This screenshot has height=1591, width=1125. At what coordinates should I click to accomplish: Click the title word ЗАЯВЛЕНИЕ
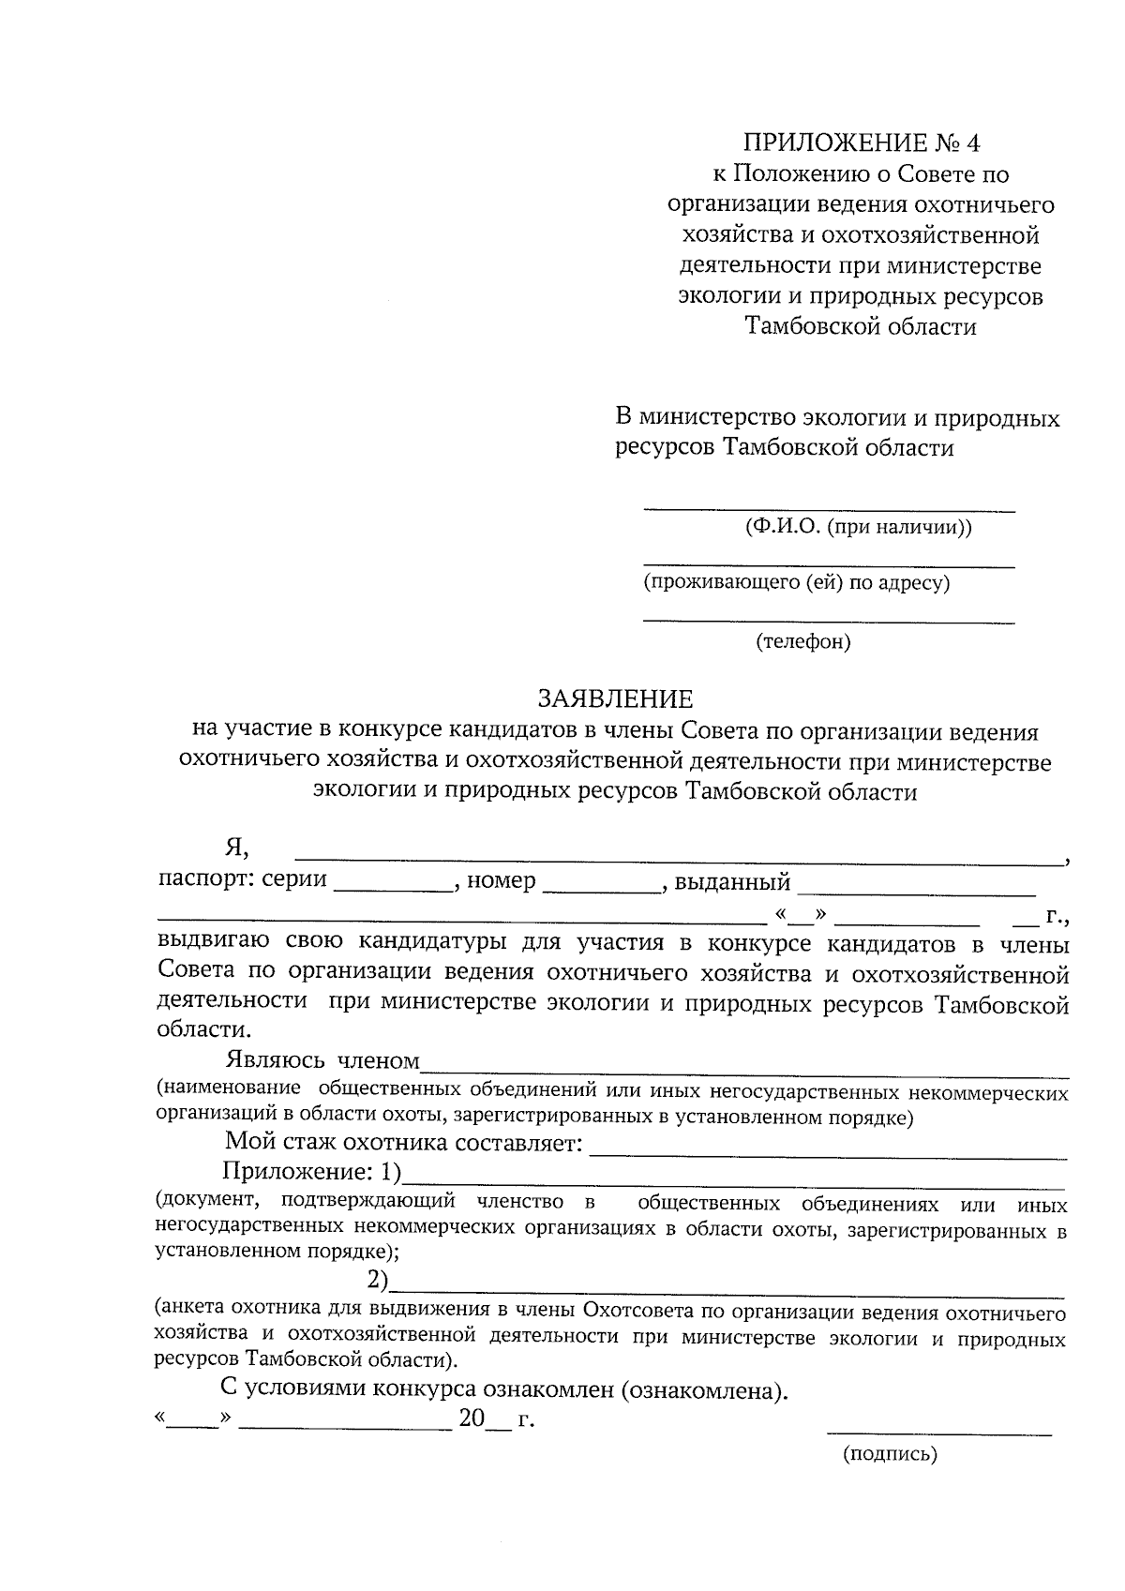coord(615,698)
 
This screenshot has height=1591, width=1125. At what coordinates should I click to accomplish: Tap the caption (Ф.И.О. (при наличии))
coord(859,527)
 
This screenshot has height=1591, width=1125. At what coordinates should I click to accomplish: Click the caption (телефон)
coord(803,642)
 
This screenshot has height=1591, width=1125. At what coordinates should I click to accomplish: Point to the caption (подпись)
coord(890,1454)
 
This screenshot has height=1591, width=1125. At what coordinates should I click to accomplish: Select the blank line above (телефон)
coord(829,621)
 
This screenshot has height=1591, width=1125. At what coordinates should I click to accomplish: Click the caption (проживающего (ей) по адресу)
coord(797,583)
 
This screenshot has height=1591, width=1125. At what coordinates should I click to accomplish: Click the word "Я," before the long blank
coord(236,848)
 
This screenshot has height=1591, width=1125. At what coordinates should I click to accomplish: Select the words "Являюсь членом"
coord(322,1060)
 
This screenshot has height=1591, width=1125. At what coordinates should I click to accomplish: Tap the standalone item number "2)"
coord(377,1280)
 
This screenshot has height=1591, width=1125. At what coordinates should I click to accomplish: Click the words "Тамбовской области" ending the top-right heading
coord(861,326)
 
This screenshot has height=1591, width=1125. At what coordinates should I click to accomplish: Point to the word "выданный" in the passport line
coord(732,882)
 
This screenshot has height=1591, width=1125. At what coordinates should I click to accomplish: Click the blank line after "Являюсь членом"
coord(744,1070)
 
